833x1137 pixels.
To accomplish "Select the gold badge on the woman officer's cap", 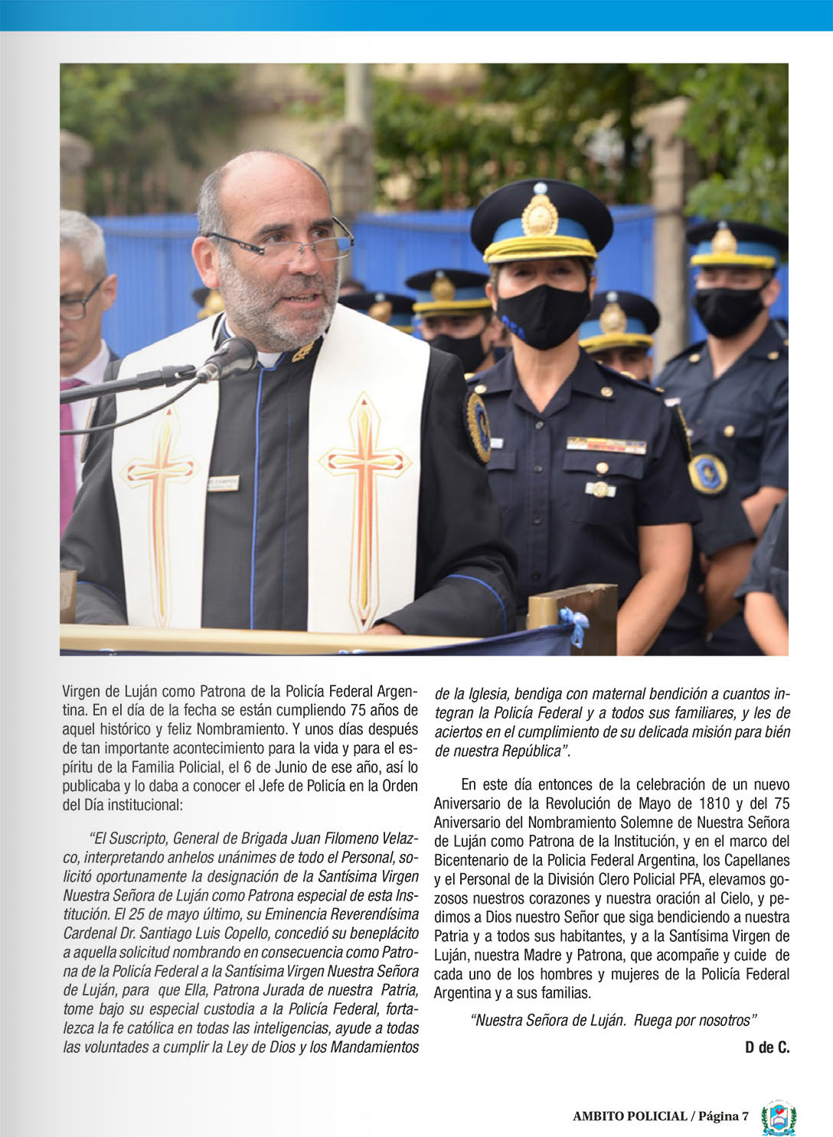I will click(539, 215).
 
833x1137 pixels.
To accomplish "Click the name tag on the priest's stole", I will click(223, 483).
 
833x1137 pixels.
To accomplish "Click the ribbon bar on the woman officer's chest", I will click(606, 445).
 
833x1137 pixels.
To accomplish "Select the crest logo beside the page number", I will click(779, 1116).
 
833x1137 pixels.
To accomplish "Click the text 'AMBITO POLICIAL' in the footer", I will click(629, 1116).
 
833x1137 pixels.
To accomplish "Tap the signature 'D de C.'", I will click(767, 1047).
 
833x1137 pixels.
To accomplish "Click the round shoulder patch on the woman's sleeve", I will click(479, 425).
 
